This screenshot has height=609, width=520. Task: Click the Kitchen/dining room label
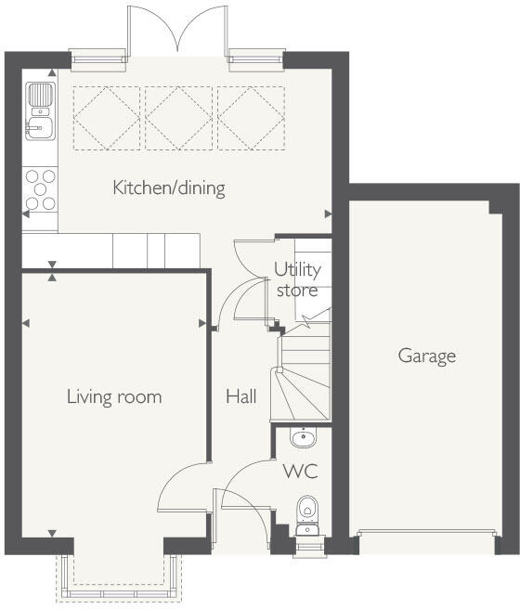169,188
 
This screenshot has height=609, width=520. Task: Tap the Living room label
114,397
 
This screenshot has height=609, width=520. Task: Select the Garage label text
427,356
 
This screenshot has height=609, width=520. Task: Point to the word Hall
241,397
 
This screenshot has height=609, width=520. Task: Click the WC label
300,472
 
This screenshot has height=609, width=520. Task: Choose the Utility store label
297,279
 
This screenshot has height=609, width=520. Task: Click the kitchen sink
40,110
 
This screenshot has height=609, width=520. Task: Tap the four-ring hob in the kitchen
40,188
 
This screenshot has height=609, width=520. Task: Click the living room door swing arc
179,488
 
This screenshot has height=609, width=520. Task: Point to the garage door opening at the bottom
427,536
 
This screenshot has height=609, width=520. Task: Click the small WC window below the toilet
306,548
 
